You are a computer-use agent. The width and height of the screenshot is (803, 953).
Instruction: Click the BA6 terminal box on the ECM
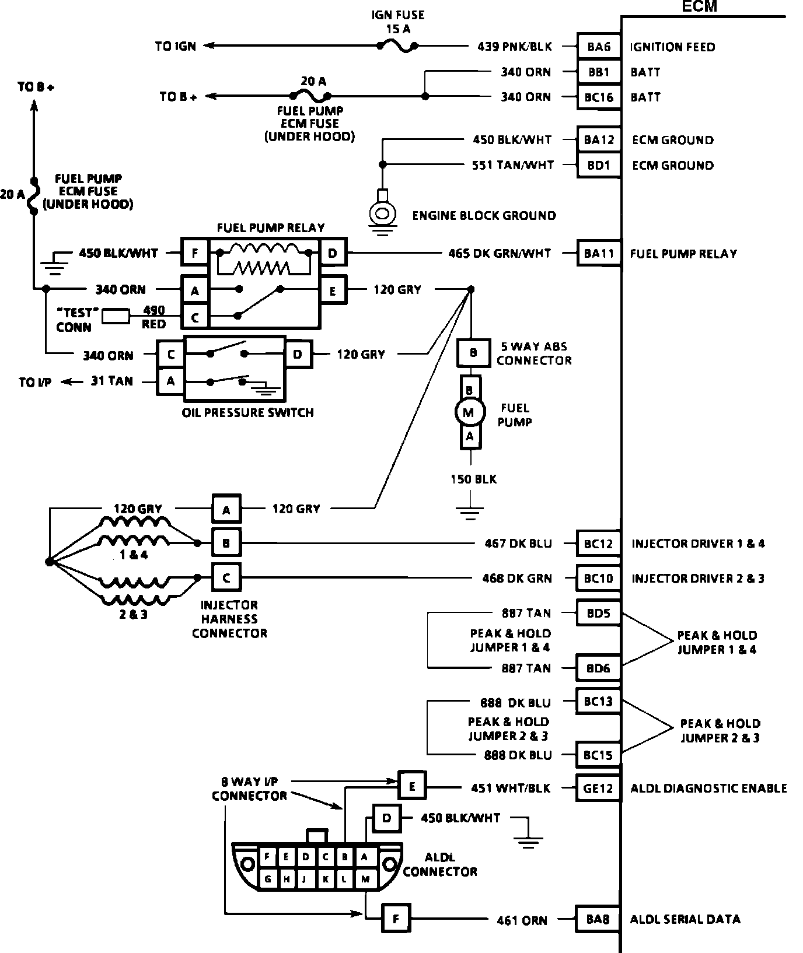coord(599,47)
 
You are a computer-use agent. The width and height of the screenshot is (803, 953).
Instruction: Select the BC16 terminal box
coord(599,97)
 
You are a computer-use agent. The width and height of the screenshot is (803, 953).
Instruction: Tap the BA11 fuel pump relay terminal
coord(599,253)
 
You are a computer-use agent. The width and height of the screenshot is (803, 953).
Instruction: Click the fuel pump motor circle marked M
coord(469,413)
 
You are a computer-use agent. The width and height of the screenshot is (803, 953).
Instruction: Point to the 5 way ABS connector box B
coord(473,353)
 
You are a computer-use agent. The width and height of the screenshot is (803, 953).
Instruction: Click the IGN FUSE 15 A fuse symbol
coord(397,45)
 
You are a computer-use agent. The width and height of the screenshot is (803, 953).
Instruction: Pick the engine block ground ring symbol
coord(382,212)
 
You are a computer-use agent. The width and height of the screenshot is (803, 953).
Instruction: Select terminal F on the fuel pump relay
coord(195,253)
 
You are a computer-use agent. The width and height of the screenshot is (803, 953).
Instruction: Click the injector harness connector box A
coord(226,510)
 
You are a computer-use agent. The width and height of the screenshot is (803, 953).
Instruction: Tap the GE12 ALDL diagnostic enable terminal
coord(598,788)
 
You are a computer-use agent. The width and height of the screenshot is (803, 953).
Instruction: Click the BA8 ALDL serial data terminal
coord(598,919)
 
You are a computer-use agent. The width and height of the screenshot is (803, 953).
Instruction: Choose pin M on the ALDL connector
coord(365,878)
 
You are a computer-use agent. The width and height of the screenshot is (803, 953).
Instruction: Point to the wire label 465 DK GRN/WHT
coord(500,253)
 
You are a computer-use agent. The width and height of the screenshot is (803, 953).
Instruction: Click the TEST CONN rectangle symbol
coord(116,316)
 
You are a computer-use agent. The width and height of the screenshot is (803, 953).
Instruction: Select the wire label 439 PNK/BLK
coord(514,47)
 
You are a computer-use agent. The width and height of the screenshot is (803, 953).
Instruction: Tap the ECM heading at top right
coord(699,7)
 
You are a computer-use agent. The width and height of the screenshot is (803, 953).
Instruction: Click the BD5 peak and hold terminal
coord(598,613)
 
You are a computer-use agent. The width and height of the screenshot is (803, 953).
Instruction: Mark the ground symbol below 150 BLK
coord(470,514)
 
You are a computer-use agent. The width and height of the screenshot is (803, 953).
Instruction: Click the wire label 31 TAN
coord(112,381)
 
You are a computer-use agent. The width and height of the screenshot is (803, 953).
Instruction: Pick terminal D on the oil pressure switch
coord(298,354)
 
